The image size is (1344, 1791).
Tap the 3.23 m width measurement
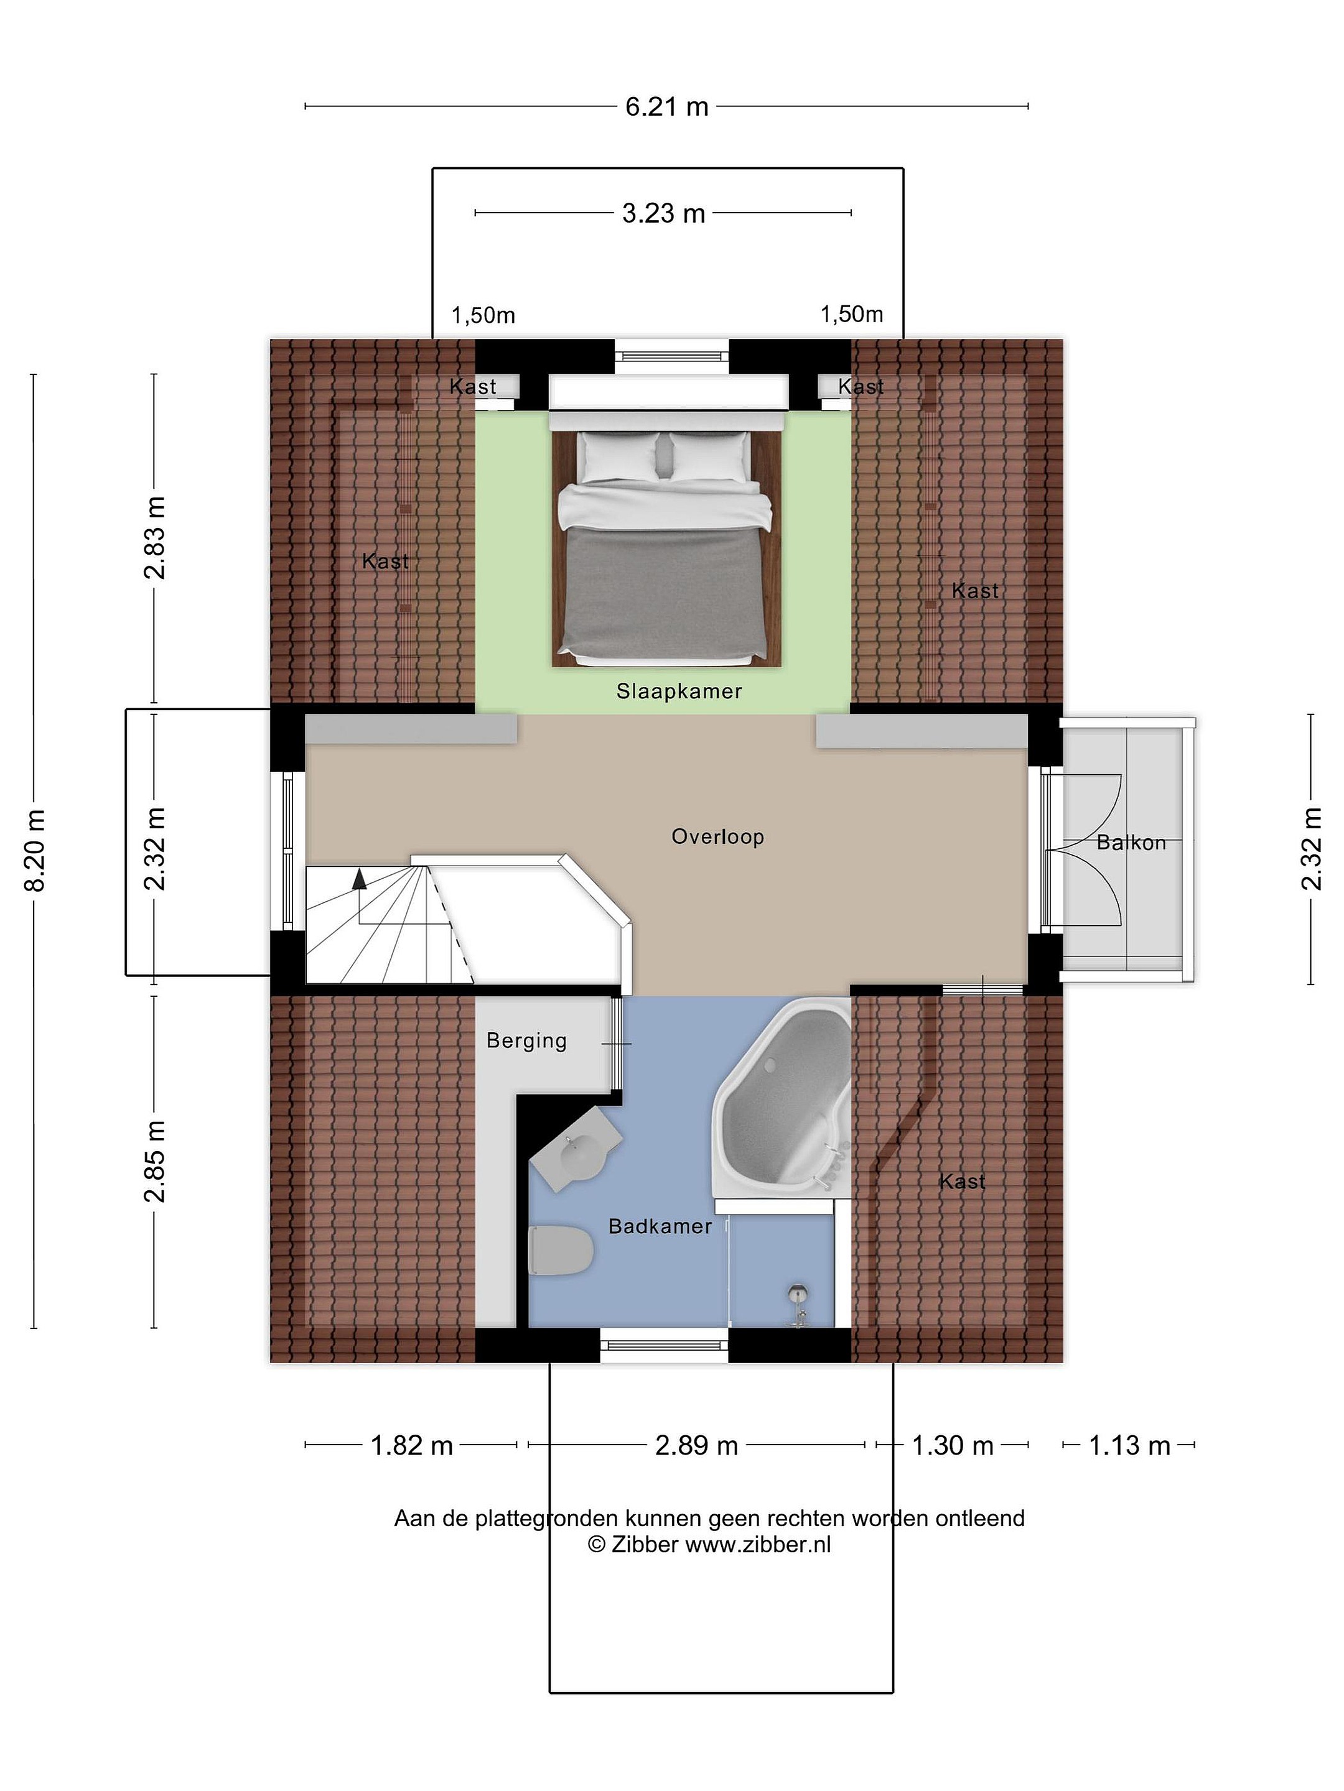click(663, 213)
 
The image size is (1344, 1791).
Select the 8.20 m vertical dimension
click(35, 849)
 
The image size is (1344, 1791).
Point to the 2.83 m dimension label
click(154, 538)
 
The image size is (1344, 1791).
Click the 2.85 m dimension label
click(154, 1161)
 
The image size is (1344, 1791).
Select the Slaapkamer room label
click(679, 692)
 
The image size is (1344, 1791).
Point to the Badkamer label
click(660, 1227)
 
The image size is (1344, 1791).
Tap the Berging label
click(526, 1041)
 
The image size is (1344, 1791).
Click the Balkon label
click(1131, 843)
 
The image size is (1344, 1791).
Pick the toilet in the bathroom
click(560, 1252)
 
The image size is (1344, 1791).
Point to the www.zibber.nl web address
click(758, 1544)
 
